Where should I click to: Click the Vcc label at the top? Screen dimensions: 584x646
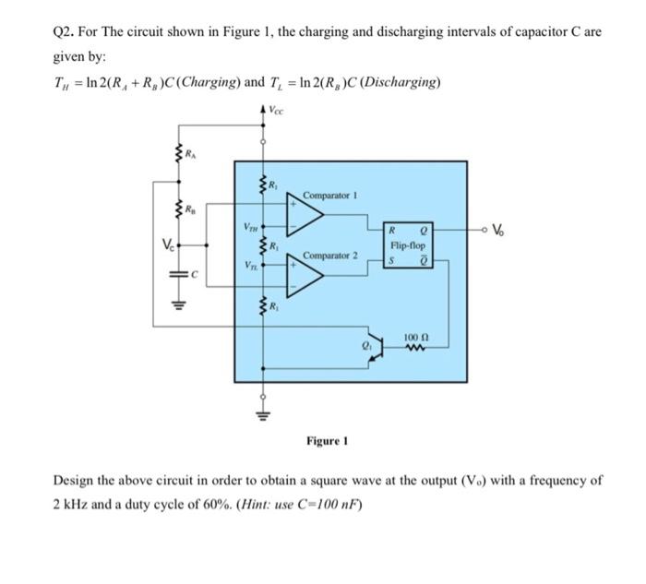click(278, 109)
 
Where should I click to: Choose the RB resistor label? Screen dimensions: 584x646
click(189, 211)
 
